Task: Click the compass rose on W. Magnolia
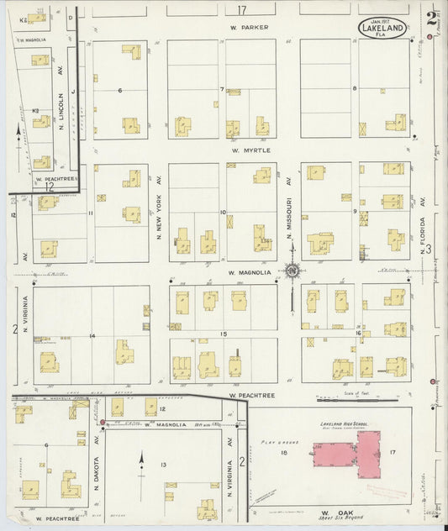292,271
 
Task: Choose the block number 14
93,336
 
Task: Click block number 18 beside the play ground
283,454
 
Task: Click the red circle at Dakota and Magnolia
103,422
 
